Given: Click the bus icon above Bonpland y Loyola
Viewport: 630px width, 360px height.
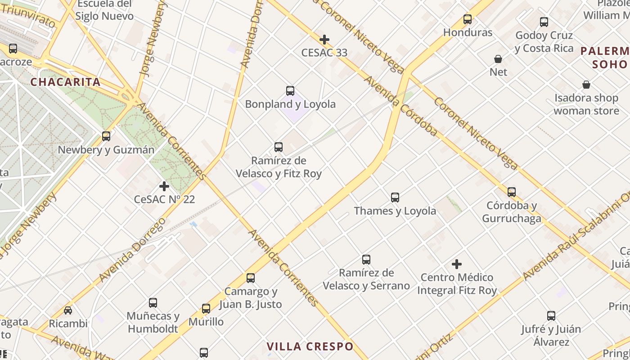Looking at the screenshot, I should (x=290, y=91).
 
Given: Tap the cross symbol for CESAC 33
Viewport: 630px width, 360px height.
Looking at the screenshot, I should (x=324, y=40).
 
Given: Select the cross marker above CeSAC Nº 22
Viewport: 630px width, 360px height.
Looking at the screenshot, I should (x=164, y=186).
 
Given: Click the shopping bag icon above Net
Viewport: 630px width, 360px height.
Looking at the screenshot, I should (x=498, y=59).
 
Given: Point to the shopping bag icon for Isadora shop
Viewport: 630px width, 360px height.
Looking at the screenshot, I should (x=586, y=85).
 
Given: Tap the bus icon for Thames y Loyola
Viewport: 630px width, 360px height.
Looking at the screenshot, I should (x=395, y=198).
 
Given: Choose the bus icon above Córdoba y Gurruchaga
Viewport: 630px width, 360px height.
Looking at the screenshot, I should (x=512, y=192).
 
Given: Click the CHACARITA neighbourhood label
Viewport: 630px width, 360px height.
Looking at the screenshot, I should (x=65, y=82).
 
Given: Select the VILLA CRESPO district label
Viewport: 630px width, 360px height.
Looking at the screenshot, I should (x=310, y=346).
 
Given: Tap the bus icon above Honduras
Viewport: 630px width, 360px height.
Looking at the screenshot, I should (x=468, y=19).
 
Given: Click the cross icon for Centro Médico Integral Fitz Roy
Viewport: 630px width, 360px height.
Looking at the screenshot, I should (x=457, y=264).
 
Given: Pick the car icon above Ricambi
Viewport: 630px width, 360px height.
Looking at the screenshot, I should (x=68, y=310).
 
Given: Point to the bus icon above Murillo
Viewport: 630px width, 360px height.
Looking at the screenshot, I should (x=206, y=309).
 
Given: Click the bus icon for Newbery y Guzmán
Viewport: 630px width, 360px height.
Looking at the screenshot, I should (x=106, y=136).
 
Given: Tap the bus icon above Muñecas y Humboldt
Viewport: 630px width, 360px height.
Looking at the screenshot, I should (x=153, y=303).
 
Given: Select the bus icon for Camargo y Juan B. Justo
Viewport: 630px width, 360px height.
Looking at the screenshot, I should (x=251, y=278).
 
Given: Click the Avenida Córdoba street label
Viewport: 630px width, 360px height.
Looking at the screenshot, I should (x=400, y=106).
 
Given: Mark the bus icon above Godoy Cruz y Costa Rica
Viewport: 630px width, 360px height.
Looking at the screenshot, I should (x=544, y=22).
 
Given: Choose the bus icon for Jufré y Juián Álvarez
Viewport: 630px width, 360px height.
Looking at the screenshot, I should (x=551, y=316).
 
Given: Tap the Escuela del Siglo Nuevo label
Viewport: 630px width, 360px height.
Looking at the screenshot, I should (x=104, y=10).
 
